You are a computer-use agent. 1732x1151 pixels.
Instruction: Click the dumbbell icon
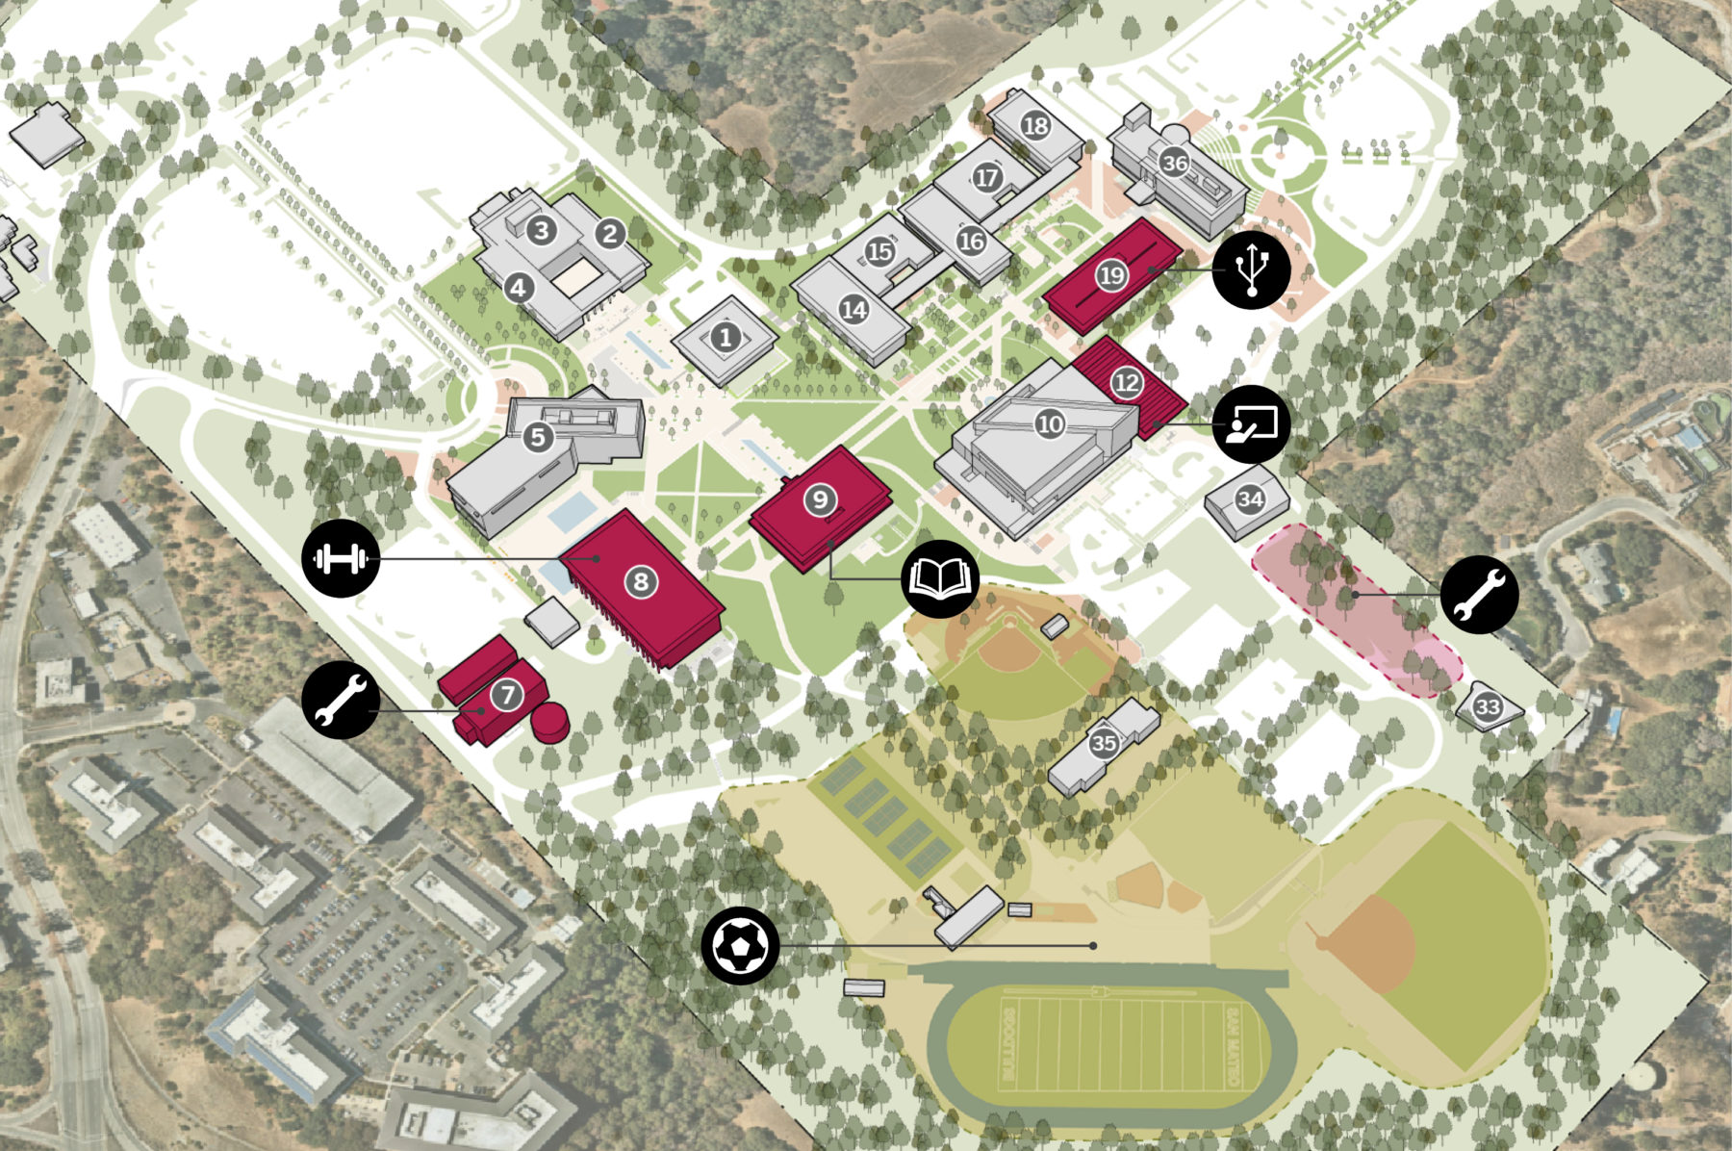(341, 558)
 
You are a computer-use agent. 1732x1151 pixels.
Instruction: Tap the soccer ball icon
(740, 946)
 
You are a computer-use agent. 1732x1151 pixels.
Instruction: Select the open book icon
(940, 578)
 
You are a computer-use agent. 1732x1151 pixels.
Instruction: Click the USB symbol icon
(1251, 269)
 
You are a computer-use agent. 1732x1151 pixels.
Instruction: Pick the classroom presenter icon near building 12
(1251, 423)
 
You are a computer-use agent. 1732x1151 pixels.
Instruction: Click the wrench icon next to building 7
(341, 700)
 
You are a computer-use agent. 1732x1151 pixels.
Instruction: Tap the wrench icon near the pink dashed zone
(1479, 594)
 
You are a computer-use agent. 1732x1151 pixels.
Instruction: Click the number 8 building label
(640, 580)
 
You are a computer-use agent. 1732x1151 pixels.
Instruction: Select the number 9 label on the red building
(820, 499)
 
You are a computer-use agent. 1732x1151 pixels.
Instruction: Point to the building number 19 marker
(1111, 275)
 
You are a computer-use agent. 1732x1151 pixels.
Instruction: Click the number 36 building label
(1174, 163)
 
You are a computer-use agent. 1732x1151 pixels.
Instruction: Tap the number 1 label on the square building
(726, 337)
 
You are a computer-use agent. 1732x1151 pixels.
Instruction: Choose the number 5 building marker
(538, 437)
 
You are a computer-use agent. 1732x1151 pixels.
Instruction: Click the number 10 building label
(1050, 423)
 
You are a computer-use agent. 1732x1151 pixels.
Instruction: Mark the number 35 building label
(1104, 743)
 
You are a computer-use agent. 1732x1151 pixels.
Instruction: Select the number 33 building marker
(1488, 707)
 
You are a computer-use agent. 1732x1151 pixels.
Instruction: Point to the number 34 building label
(1250, 499)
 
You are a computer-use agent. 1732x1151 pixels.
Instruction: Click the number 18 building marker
(1035, 125)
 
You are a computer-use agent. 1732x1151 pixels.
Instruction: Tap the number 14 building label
(853, 309)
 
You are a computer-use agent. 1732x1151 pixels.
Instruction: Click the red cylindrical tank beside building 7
(550, 722)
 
